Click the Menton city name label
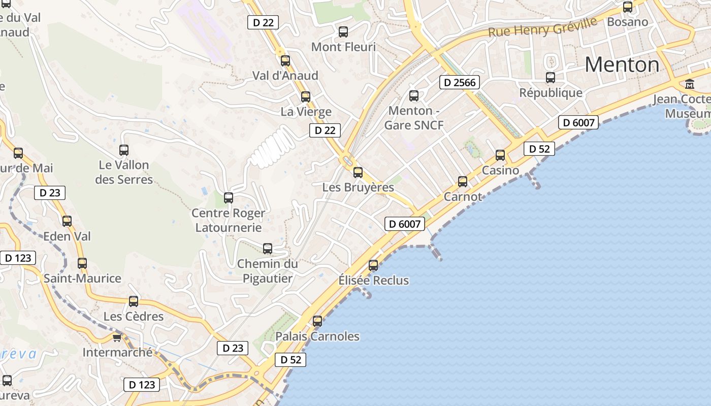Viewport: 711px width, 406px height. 622,64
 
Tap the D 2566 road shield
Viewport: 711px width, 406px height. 460,82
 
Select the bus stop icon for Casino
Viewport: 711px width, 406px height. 500,155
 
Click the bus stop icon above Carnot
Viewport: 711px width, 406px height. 463,181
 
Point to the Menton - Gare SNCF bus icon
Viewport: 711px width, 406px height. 414,95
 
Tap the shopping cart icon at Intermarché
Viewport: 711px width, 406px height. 117,337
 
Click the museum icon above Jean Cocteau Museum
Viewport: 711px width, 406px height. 690,84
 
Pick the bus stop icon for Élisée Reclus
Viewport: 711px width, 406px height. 373,265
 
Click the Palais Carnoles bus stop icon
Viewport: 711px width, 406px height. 317,321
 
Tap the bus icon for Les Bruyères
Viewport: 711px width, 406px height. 358,172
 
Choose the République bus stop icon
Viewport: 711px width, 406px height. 551,78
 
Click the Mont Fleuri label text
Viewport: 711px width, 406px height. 343,47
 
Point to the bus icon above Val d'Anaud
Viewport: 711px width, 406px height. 285,61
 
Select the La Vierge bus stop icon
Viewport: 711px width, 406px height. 306,96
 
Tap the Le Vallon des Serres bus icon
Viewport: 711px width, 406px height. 124,150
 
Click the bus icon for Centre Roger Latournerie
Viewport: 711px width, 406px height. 229,197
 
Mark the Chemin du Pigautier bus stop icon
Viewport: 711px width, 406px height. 268,248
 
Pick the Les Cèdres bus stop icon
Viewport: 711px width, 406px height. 134,301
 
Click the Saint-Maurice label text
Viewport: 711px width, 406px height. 82,279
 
